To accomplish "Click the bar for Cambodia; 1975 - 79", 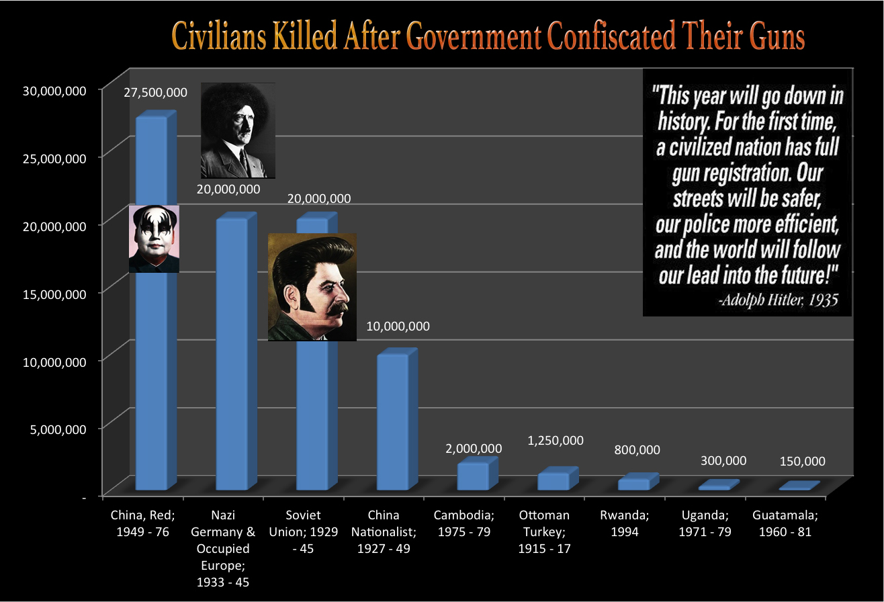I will tap(474, 476).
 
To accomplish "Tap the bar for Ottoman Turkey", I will tap(554, 480).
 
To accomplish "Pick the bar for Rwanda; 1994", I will tap(634, 483).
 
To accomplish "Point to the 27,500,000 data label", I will tap(155, 92).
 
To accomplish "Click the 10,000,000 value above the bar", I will tap(398, 327).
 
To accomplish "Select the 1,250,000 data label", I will tap(555, 440).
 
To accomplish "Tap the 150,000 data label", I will tap(802, 462).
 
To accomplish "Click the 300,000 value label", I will tap(723, 460).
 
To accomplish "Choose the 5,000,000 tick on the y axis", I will tap(58, 429).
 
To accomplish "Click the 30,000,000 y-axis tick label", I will tap(54, 91).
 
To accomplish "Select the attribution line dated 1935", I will tap(777, 300).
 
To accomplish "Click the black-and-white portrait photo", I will tap(238, 130).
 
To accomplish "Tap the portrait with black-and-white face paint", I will tap(154, 239).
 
